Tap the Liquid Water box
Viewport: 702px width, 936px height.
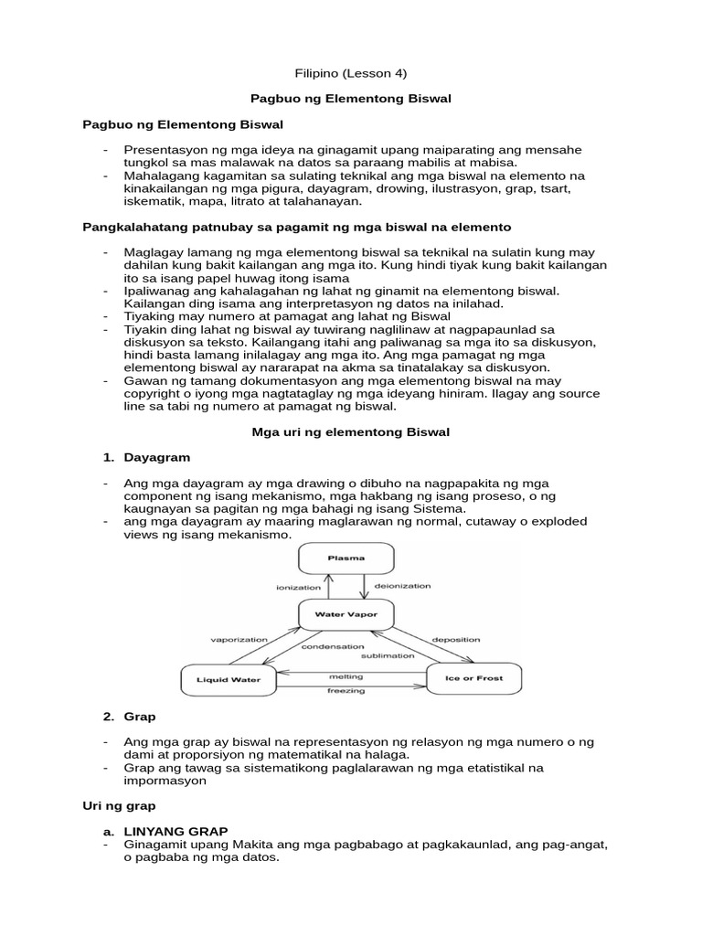click(229, 679)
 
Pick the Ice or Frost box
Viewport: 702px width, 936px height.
click(473, 679)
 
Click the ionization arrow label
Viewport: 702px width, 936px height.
click(300, 587)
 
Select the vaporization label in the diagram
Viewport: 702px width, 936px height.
click(239, 640)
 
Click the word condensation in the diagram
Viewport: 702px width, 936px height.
click(333, 646)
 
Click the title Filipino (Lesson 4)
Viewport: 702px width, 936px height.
click(350, 72)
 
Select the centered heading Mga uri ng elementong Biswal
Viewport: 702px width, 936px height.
click(350, 431)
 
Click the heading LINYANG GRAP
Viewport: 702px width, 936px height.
click(168, 833)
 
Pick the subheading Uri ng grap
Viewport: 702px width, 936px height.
click(119, 806)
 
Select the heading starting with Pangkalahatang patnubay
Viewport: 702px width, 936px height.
click(297, 225)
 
